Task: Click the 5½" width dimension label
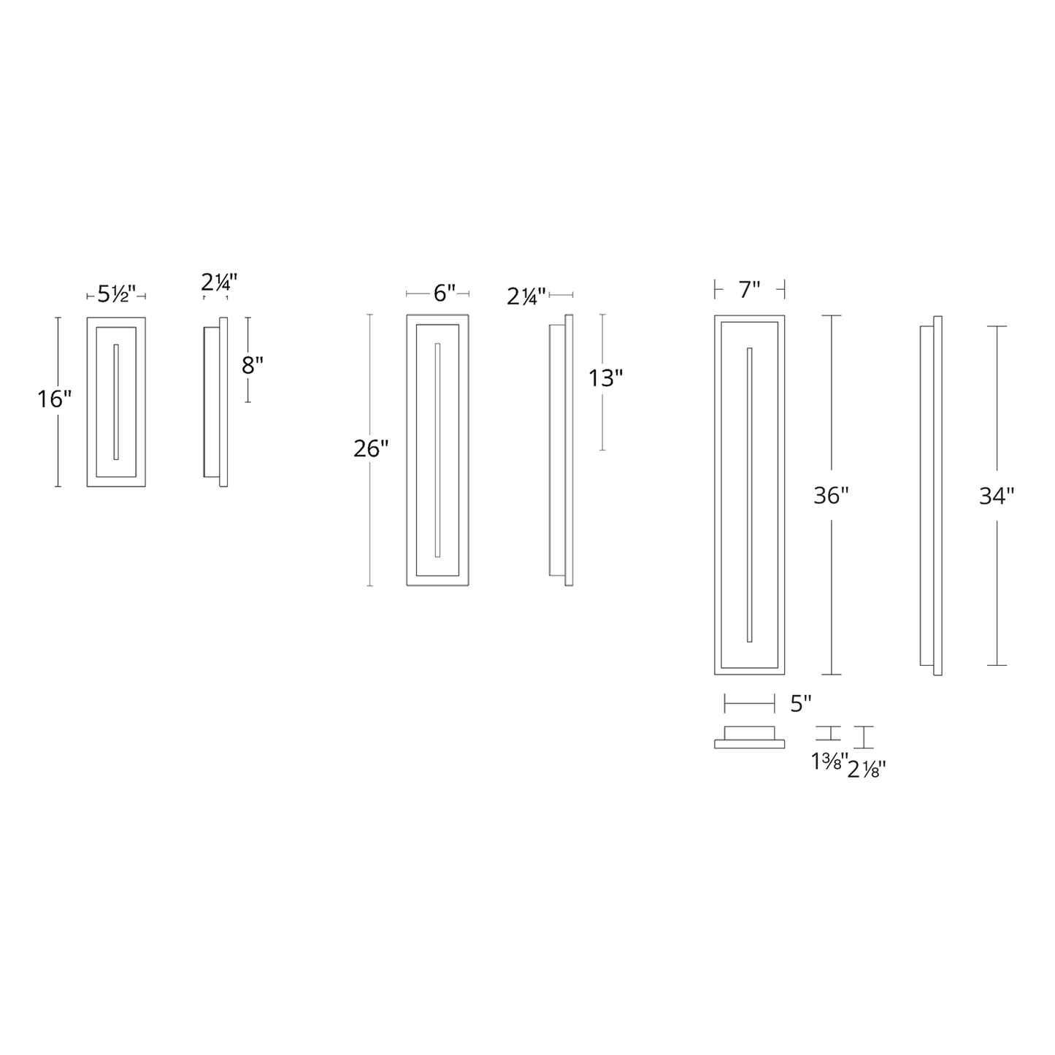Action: click(x=117, y=294)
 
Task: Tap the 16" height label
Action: click(x=55, y=399)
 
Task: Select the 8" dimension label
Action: click(x=253, y=365)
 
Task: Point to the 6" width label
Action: click(x=445, y=294)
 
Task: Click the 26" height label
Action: click(x=371, y=449)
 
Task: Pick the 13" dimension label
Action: click(x=605, y=378)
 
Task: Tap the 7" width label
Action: click(x=750, y=290)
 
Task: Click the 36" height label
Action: click(x=831, y=496)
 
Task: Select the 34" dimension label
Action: click(x=997, y=496)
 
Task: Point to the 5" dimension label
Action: click(x=800, y=704)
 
